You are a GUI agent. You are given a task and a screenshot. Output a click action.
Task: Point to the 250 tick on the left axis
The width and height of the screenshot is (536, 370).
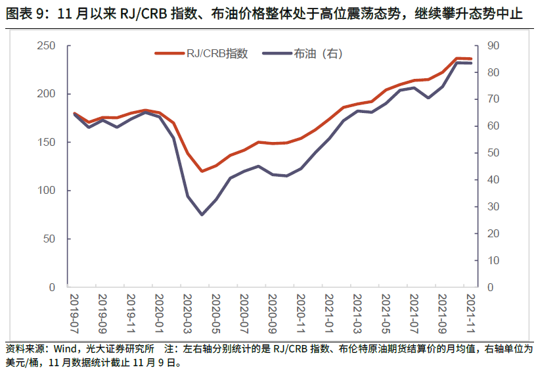coord(45,46)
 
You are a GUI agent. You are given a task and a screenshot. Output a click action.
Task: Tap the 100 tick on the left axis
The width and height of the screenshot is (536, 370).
coord(45,191)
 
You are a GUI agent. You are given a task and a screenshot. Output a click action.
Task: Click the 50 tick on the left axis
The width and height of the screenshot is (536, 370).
coord(49,239)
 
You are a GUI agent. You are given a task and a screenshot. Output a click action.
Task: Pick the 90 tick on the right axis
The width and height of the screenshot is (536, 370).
coord(493,46)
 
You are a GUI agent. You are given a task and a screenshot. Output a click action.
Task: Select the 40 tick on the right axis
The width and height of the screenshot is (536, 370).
coord(493,180)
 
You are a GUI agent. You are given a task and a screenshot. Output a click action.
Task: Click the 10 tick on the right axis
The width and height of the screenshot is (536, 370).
coord(493,261)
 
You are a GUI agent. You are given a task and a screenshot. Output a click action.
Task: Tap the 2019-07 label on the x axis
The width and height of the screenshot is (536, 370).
coord(74,313)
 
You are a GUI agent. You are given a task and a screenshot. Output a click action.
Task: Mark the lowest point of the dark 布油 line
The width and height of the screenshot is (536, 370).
coord(202,215)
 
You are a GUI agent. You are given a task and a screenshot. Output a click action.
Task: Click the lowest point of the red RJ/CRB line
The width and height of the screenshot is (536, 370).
coord(202,172)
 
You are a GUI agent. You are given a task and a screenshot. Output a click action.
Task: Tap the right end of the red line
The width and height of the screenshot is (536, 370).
coord(472,59)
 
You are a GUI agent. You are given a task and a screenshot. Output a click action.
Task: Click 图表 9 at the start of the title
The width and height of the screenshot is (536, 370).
coord(22,14)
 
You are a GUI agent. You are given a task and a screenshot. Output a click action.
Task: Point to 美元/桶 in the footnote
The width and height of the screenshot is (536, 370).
coord(22,361)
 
